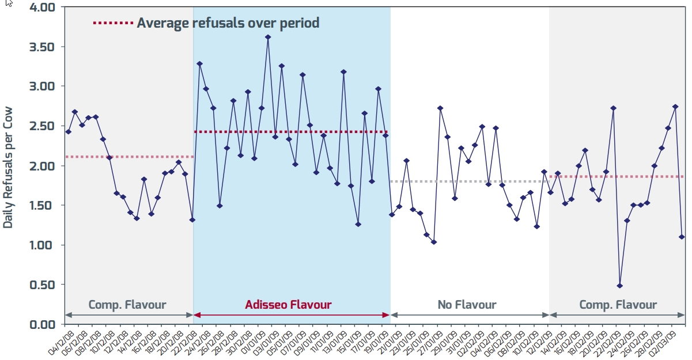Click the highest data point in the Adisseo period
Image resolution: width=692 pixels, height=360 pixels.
(x=268, y=37)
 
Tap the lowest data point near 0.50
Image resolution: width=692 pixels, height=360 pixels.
(x=620, y=286)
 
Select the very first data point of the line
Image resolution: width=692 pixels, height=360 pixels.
(x=68, y=132)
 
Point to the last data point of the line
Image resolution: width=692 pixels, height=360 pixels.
(x=682, y=237)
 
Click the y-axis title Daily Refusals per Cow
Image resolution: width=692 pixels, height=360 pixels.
(x=8, y=167)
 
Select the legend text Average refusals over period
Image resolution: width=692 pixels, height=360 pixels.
(x=228, y=23)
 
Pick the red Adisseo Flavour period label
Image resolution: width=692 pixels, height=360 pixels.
(x=288, y=305)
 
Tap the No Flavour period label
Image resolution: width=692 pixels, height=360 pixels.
(x=467, y=305)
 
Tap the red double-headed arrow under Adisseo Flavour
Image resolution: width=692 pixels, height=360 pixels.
(x=292, y=315)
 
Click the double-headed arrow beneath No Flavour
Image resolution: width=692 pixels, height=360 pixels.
(x=470, y=315)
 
